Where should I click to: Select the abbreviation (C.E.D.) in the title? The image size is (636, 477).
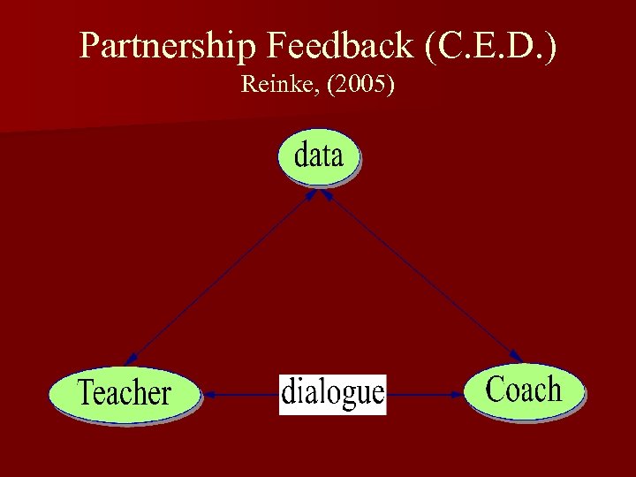click(x=491, y=46)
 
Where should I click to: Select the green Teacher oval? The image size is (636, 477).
click(x=124, y=393)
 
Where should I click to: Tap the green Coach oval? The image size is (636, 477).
click(x=525, y=390)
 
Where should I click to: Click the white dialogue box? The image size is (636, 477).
click(x=332, y=393)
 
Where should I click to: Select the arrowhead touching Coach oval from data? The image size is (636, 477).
click(x=515, y=355)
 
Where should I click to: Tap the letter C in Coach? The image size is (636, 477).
click(x=496, y=389)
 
